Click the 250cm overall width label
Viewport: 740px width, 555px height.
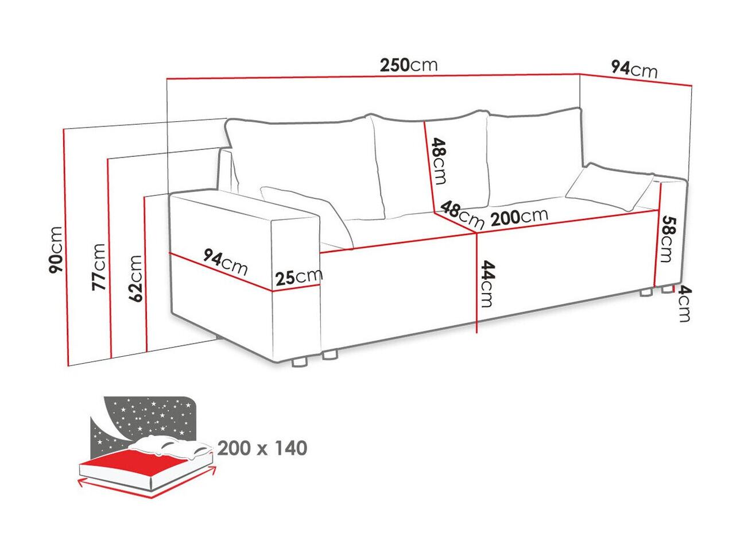click(409, 65)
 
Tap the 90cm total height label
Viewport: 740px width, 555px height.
click(56, 250)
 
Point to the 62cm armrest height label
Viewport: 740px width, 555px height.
click(134, 278)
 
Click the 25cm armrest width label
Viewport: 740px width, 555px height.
click(299, 277)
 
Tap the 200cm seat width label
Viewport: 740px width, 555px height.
click(519, 217)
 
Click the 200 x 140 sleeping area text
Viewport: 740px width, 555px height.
click(262, 448)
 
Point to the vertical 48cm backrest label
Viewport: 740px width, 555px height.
click(439, 161)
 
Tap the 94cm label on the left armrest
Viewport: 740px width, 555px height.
click(225, 262)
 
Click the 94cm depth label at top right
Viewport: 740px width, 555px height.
click(634, 70)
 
